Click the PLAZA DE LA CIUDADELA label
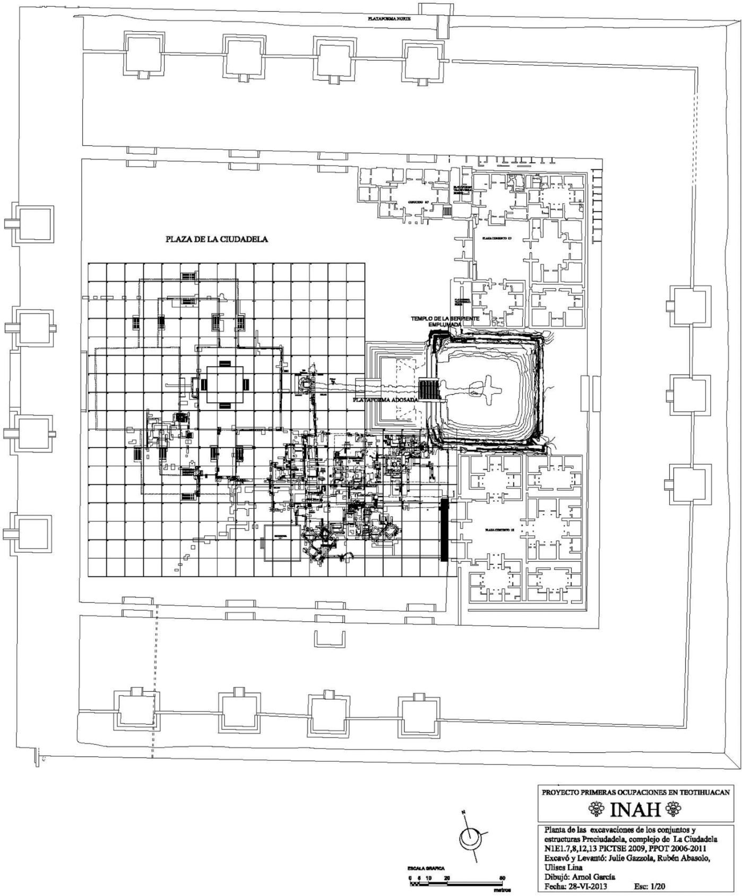click(217, 239)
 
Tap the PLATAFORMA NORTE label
click(390, 18)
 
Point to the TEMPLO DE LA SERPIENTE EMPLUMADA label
click(445, 320)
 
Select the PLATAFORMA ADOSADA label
click(386, 399)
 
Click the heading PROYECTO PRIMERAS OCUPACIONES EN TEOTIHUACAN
click(635, 792)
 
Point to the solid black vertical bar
click(444, 530)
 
